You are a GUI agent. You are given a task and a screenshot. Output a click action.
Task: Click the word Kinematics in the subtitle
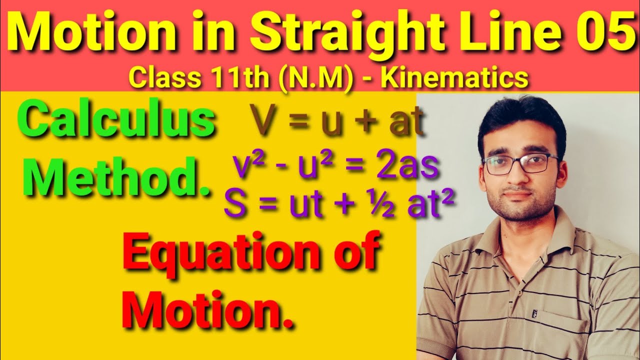(455, 79)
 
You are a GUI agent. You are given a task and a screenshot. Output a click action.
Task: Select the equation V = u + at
(338, 123)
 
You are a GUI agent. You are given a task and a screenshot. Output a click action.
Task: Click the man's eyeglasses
(520, 164)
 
